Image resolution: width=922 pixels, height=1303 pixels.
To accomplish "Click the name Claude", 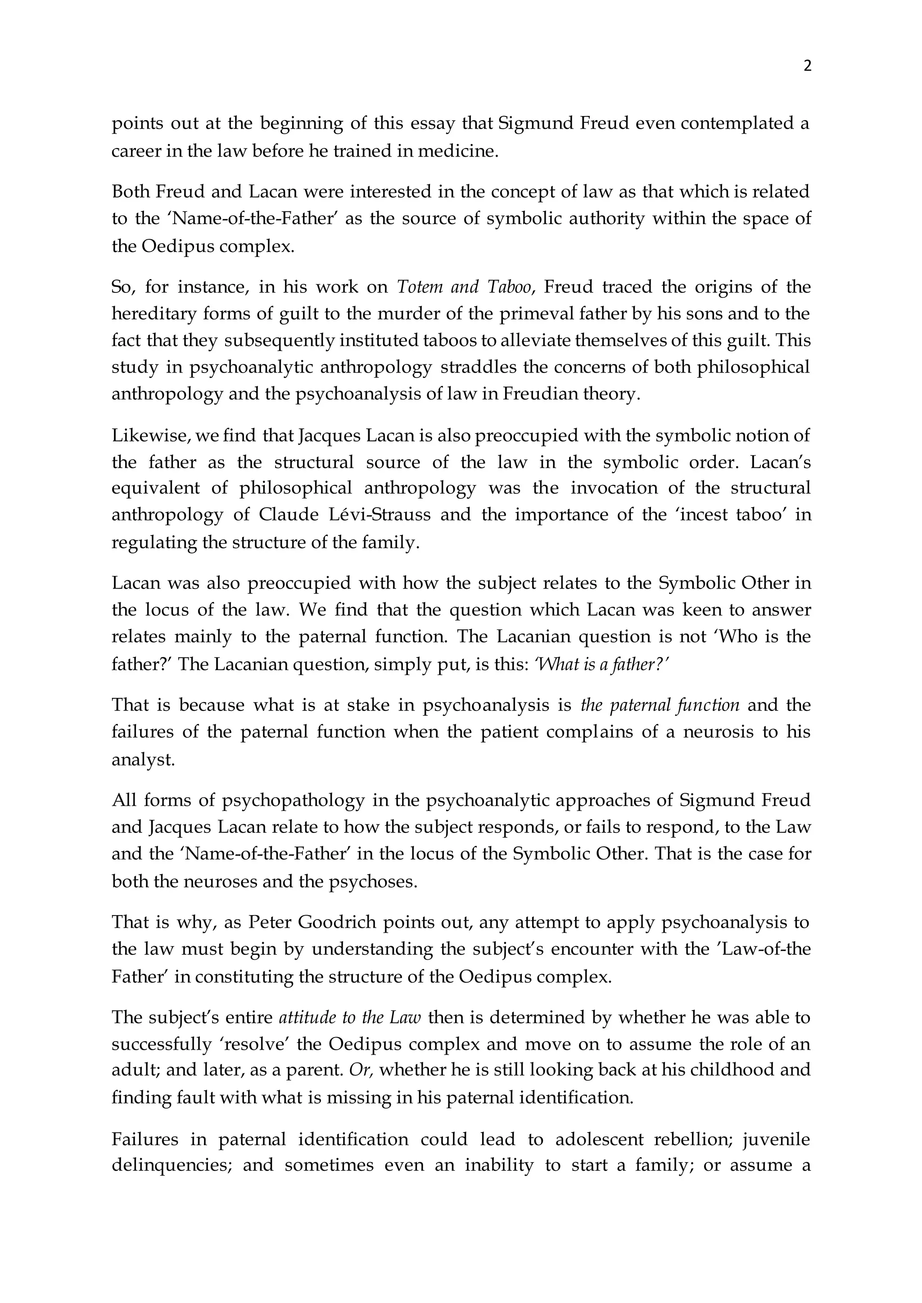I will click(x=289, y=515).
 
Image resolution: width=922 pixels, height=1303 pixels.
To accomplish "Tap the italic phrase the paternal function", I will click(x=660, y=705).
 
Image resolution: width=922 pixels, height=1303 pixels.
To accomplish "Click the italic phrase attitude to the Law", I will click(x=350, y=1018).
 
